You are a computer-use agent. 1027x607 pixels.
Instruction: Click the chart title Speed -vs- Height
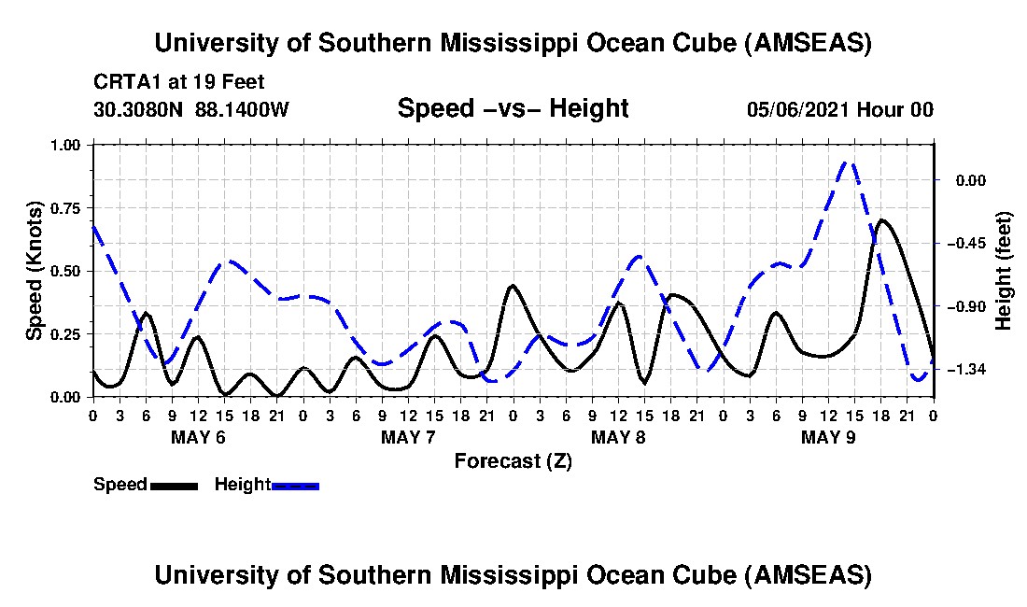[x=513, y=109]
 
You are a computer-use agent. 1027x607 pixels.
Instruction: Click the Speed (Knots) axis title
[x=35, y=271]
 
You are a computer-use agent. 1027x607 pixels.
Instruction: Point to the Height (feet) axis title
[x=1004, y=271]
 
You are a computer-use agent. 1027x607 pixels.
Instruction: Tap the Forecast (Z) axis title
[x=513, y=460]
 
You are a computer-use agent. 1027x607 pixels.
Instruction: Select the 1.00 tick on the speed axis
[x=66, y=145]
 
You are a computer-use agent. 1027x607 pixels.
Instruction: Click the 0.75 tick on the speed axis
[x=66, y=208]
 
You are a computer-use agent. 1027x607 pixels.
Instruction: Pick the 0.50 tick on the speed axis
[x=66, y=271]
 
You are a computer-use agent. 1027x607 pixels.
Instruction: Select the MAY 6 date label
[x=198, y=437]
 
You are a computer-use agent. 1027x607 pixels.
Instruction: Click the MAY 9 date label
[x=828, y=437]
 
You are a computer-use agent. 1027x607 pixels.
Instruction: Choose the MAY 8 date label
[x=618, y=437]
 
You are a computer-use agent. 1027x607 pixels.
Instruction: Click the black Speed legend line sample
[x=174, y=486]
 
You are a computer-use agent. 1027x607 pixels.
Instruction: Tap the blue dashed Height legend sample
[x=296, y=486]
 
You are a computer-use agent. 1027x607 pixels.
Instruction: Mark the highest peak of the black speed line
[x=881, y=220]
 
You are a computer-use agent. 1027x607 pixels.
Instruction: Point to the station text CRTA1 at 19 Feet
[x=178, y=82]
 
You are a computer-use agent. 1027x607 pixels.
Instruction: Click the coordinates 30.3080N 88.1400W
[x=191, y=109]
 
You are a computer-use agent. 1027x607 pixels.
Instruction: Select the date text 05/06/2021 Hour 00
[x=839, y=109]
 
